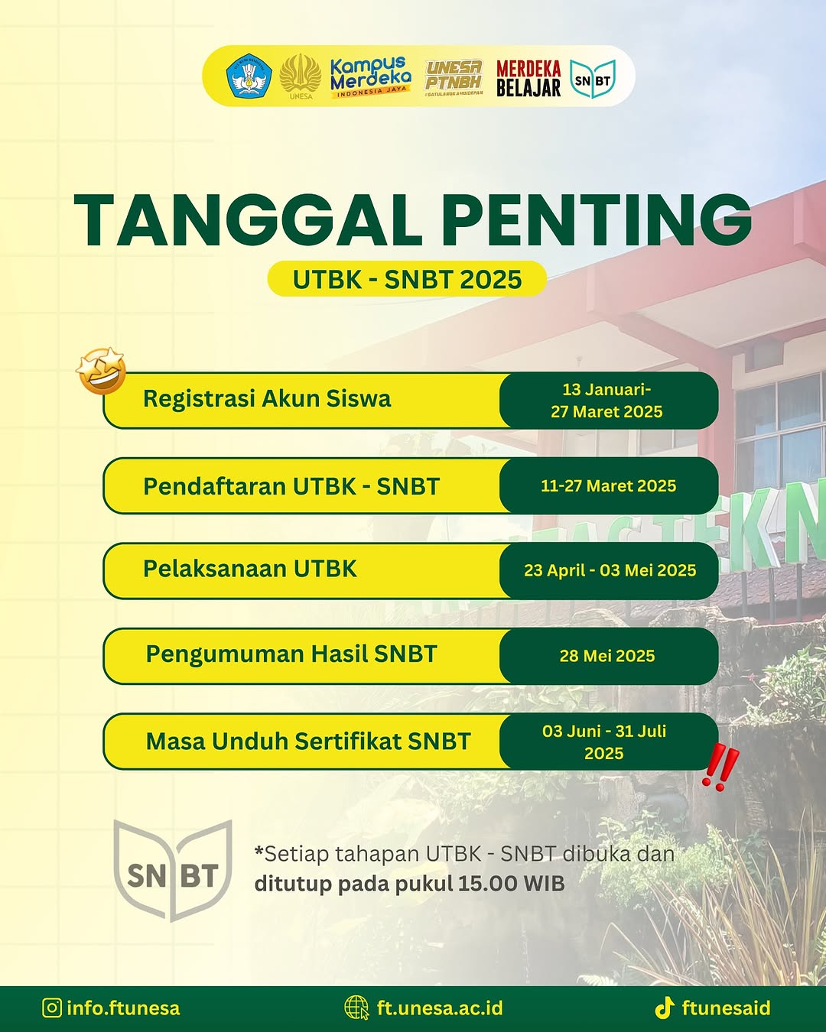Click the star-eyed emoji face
tap(101, 371)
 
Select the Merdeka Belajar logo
tap(528, 78)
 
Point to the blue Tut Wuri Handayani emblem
tap(249, 76)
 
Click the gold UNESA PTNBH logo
tap(454, 77)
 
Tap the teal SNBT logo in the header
tap(593, 80)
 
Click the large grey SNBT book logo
tap(173, 871)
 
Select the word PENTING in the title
tap(597, 220)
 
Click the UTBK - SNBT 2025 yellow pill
tap(407, 278)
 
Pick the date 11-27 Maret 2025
tap(608, 485)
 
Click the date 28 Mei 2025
tap(607, 656)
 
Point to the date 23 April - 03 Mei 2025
tap(610, 570)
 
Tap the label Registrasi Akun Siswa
tap(267, 398)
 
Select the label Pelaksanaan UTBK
tap(250, 569)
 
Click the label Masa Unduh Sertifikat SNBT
tap(308, 741)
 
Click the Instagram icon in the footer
tap(52, 1008)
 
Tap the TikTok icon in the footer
tap(665, 1008)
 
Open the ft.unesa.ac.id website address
tap(440, 1008)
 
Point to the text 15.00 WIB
tap(512, 883)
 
